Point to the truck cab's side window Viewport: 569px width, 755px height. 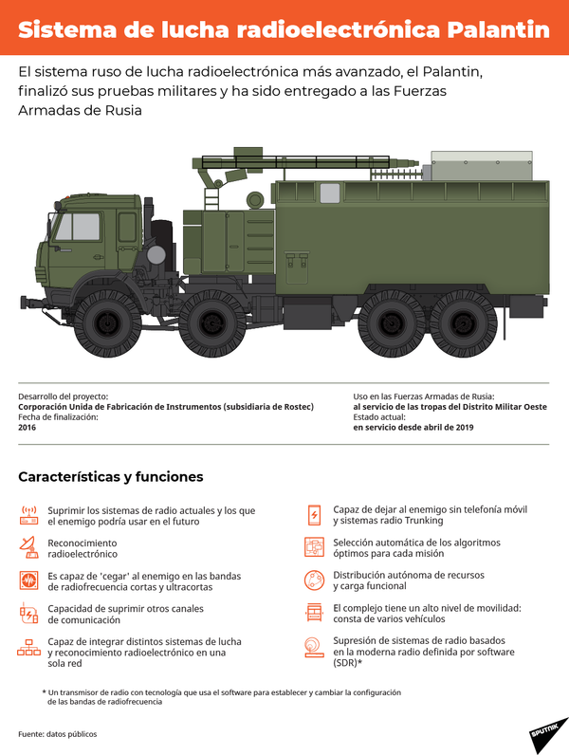(x=78, y=227)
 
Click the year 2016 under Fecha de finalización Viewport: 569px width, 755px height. (x=27, y=428)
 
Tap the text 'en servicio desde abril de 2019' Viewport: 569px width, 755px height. (x=413, y=428)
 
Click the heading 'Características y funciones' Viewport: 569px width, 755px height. (x=110, y=476)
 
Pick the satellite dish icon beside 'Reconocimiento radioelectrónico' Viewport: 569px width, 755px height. (x=28, y=547)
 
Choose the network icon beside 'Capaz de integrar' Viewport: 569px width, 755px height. (x=28, y=648)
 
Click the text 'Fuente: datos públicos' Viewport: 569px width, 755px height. (x=57, y=734)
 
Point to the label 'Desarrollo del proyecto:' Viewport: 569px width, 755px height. (x=63, y=396)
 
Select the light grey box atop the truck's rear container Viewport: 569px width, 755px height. (x=480, y=166)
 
